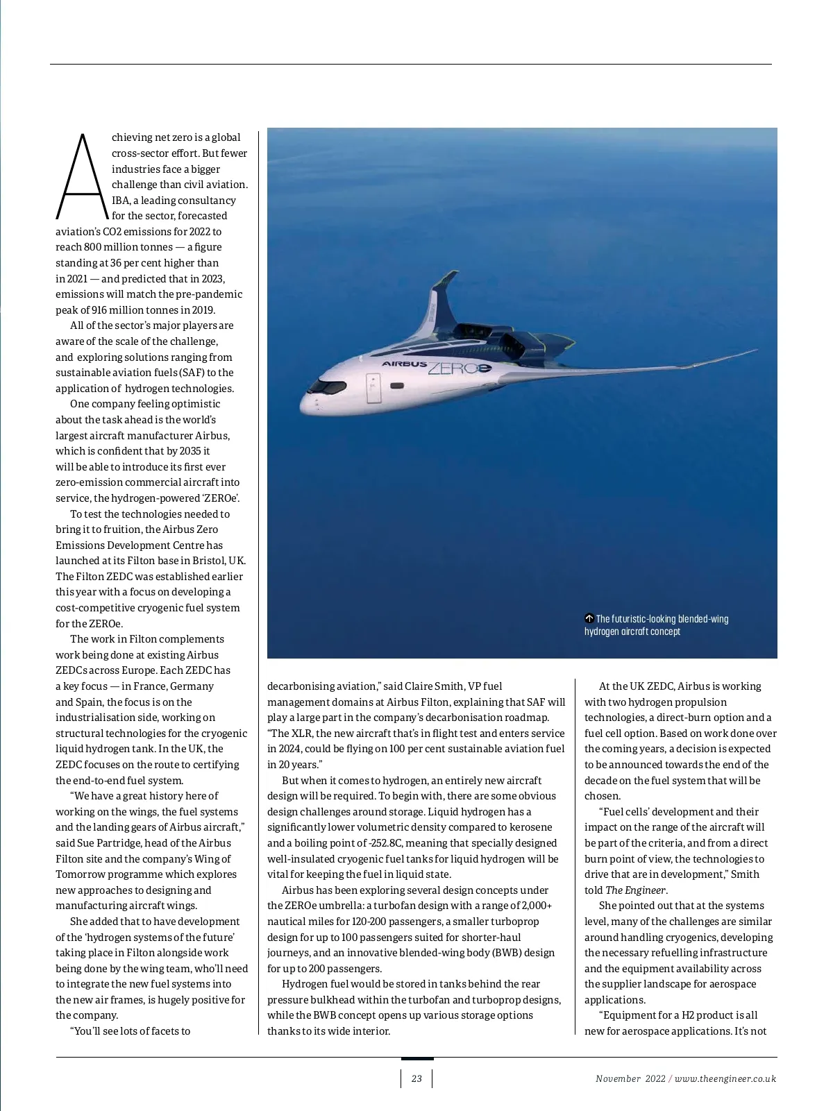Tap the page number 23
tap(416, 1078)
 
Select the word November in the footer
tap(618, 1078)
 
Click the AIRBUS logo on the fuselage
tap(404, 364)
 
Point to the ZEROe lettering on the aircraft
tap(459, 368)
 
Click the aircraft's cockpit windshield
tap(320, 385)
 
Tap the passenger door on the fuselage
tap(373, 389)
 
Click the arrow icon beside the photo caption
tap(589, 618)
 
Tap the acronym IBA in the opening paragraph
tap(120, 201)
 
